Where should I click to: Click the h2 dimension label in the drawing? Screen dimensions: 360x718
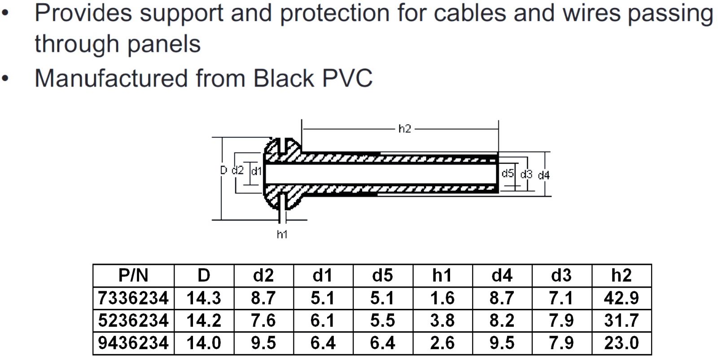coord(404,129)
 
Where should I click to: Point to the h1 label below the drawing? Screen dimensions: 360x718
coord(282,234)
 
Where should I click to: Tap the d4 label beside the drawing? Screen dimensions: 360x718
coord(543,175)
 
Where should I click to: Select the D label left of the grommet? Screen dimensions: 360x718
coord(223,171)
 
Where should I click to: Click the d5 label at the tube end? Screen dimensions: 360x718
coord(508,173)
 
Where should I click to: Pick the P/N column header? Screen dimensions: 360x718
coord(133,275)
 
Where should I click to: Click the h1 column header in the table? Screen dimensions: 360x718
coord(442,275)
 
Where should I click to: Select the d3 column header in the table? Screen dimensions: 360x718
coord(561,275)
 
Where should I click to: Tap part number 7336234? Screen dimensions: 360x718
coord(133,298)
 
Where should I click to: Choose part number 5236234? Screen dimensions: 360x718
coord(133,320)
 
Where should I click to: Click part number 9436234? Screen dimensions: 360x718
coord(133,343)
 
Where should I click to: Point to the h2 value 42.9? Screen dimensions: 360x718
coord(621,298)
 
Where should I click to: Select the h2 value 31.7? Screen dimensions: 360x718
coord(621,320)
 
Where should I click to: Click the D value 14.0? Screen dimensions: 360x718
coord(204,343)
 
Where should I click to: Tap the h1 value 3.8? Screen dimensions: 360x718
coord(442,320)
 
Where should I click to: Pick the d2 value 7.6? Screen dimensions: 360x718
coord(263,320)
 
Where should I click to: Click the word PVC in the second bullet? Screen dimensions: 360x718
coord(347,78)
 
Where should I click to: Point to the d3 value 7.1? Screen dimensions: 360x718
coord(561,298)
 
